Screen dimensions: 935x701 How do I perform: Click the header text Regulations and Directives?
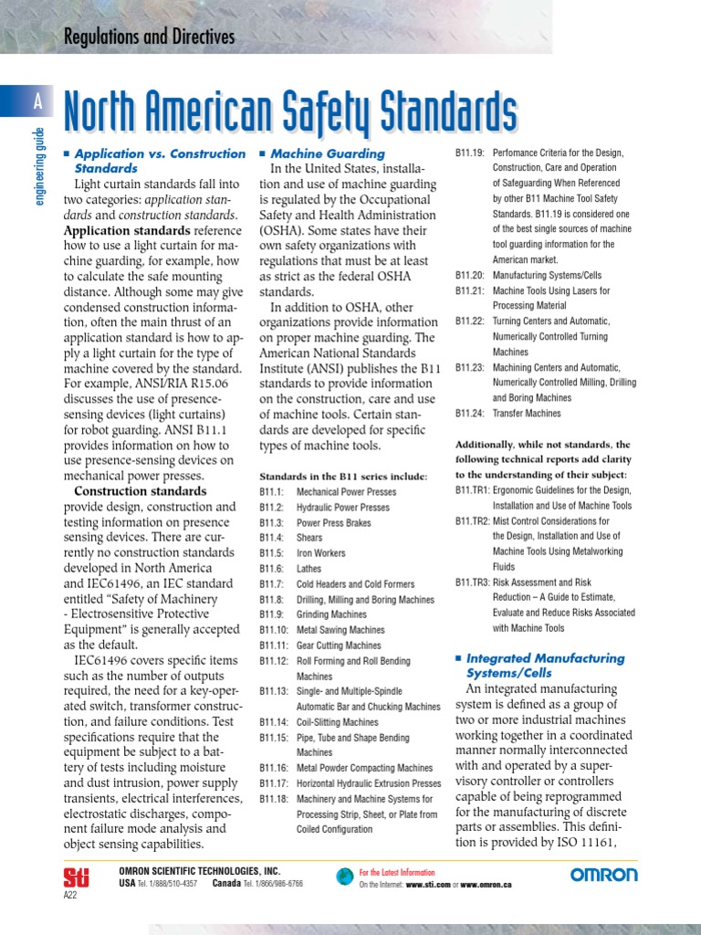pyautogui.click(x=149, y=37)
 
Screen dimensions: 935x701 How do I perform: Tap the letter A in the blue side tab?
pyautogui.click(x=37, y=103)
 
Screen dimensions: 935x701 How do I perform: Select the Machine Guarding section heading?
pyautogui.click(x=328, y=153)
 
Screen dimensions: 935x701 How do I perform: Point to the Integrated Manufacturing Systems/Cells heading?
pyautogui.click(x=545, y=665)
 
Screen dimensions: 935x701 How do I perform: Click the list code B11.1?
pyautogui.click(x=272, y=491)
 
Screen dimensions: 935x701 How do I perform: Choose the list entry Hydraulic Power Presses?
pyautogui.click(x=342, y=507)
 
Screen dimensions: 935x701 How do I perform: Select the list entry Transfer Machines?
pyautogui.click(x=527, y=414)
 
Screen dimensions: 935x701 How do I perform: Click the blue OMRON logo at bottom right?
pyautogui.click(x=604, y=875)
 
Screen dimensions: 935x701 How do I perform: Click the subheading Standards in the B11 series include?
pyautogui.click(x=343, y=477)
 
